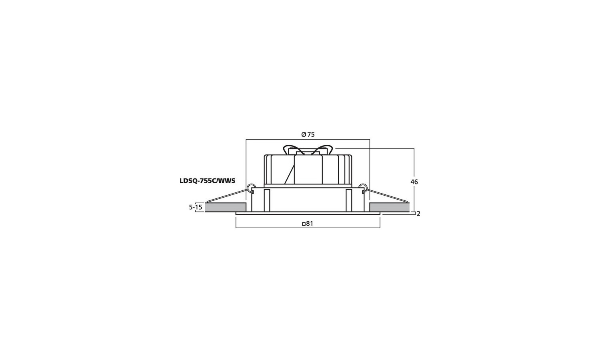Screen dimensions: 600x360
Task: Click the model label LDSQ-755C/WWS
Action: (x=207, y=181)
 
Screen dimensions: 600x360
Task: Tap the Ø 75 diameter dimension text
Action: (x=308, y=134)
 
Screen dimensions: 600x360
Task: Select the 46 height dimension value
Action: (x=414, y=182)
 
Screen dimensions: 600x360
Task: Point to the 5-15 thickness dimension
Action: (x=196, y=207)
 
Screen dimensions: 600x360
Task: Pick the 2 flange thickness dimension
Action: (x=418, y=214)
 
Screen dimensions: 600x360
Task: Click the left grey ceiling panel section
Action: (x=226, y=207)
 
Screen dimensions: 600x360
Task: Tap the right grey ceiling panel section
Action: (x=390, y=207)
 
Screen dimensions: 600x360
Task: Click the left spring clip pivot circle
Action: (x=251, y=188)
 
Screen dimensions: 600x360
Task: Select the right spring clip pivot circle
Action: (x=363, y=188)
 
